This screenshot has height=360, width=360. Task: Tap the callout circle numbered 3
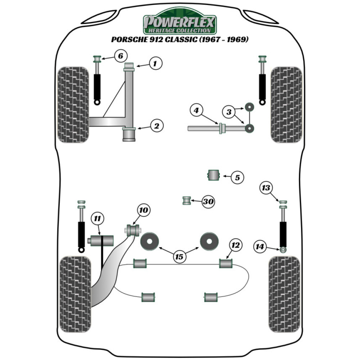coord(228,112)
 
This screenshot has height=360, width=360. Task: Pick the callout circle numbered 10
coord(144,210)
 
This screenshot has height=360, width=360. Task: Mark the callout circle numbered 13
coord(266,188)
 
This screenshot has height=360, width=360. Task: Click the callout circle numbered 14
coord(260,247)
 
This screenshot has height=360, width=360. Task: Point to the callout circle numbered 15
coord(179,257)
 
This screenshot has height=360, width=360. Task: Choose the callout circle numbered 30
coord(208,202)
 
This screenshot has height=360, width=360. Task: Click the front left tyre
coord(73,104)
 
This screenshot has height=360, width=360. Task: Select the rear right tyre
coord(284,294)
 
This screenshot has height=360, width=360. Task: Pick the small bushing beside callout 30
coord(186,200)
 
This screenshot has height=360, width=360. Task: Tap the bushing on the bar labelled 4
coord(222,128)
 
